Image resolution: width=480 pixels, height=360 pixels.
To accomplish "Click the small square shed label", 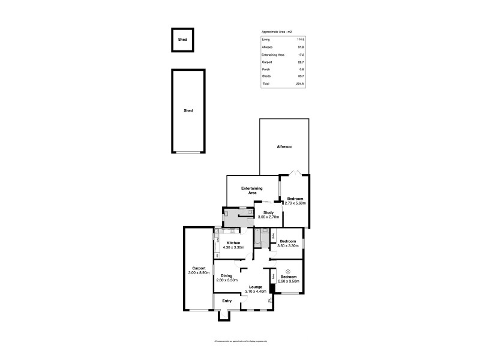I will point(182,40).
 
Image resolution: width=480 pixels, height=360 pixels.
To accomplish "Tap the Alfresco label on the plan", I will point(284,147).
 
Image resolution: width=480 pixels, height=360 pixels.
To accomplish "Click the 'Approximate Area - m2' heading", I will point(277,31).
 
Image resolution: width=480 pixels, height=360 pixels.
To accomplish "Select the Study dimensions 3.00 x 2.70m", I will point(268,217).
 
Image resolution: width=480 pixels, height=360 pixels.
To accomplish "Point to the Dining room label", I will point(226,275).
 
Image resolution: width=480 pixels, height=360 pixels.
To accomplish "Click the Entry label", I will point(227,301).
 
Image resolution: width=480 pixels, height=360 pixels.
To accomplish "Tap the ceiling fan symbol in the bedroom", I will point(288,271).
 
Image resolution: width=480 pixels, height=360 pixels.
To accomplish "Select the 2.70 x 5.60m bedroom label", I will point(295,203).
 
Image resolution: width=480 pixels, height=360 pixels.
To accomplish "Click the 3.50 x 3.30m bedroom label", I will point(288,245).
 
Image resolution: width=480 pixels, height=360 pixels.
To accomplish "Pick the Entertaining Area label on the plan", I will point(253,191).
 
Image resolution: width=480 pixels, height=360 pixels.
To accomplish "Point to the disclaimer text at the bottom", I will point(240,341).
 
